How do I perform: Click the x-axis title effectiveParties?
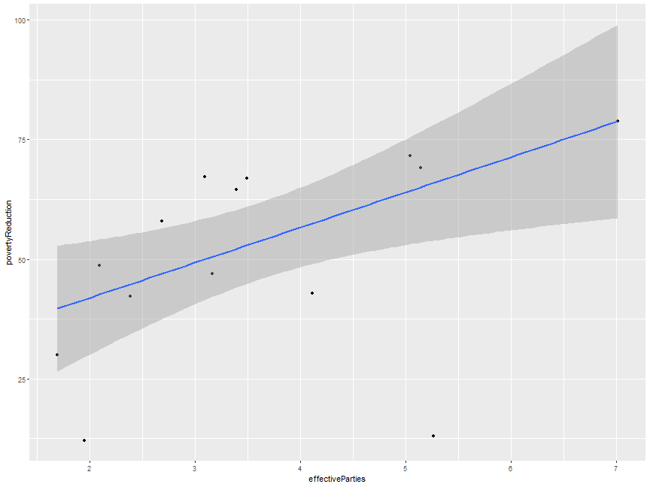[336, 479]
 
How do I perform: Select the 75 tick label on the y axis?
[23, 140]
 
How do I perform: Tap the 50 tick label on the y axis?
[23, 259]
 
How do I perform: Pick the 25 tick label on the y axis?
[23, 380]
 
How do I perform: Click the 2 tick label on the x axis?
[90, 470]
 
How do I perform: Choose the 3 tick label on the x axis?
[195, 470]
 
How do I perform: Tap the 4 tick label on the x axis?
[300, 470]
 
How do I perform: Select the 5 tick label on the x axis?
[405, 470]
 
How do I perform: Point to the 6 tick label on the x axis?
[511, 470]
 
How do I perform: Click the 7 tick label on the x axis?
[616, 470]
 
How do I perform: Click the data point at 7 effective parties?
[617, 121]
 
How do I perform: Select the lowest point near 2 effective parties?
[84, 440]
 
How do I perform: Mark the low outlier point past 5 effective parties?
[433, 436]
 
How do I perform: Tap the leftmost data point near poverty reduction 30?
[57, 355]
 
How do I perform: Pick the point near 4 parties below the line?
[312, 293]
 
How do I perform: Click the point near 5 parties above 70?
[410, 156]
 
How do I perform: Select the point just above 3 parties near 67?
[205, 177]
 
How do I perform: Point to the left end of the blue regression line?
[58, 308]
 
